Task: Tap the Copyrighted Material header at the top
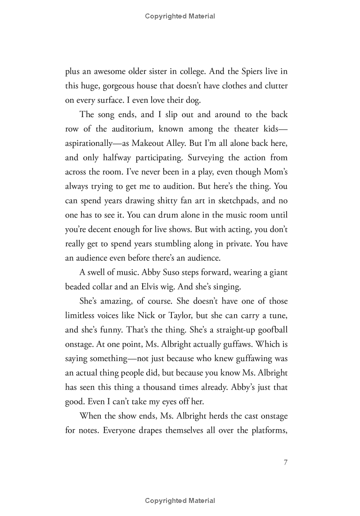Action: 180,16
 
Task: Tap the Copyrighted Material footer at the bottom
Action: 180,501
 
